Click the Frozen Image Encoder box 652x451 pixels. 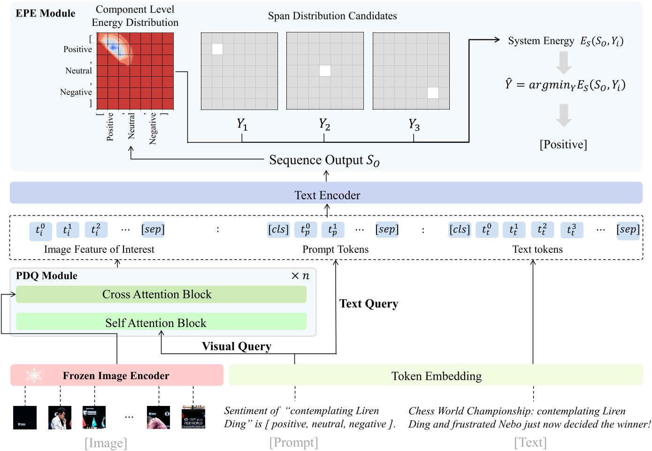pos(116,375)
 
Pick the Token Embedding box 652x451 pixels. pos(436,375)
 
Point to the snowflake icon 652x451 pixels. pos(34,375)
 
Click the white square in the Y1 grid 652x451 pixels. pos(217,49)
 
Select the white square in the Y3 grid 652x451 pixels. pos(433,93)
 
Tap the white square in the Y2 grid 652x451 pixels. pos(325,70)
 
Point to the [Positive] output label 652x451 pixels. pos(563,144)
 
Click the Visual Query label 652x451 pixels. pos(237,346)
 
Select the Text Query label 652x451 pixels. pos(368,303)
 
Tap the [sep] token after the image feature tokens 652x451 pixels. pos(153,229)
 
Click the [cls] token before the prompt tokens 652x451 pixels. pos(278,229)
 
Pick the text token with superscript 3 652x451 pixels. pos(571,229)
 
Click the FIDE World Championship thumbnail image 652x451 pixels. pos(193,418)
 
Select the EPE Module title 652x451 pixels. pos(46,13)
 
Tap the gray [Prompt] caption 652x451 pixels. pos(293,442)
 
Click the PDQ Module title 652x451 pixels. pos(46,276)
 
